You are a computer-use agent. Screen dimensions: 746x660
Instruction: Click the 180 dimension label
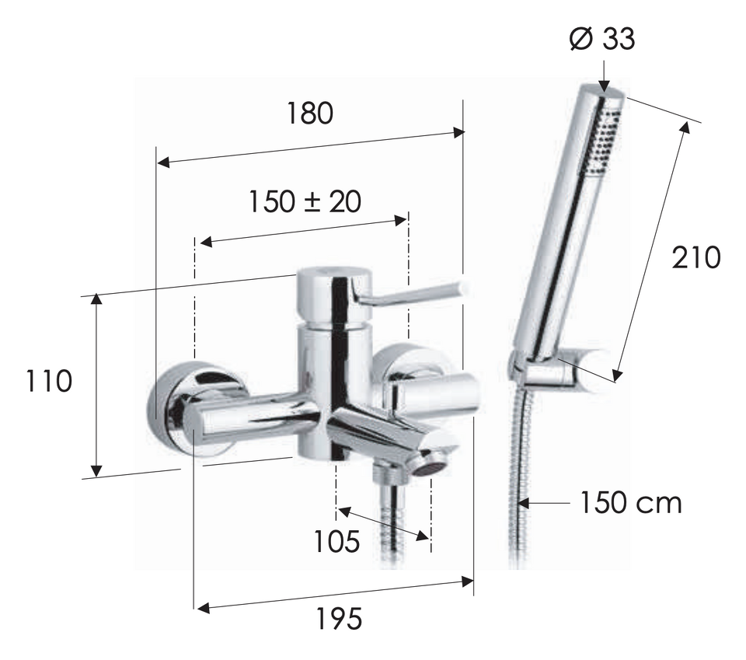pyautogui.click(x=310, y=113)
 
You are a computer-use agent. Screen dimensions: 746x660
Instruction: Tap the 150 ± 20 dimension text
pyautogui.click(x=305, y=201)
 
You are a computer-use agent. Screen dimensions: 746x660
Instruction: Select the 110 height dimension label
pyautogui.click(x=48, y=381)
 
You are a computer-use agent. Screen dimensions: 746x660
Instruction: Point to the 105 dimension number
pyautogui.click(x=336, y=541)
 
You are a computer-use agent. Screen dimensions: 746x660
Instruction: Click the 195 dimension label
pyautogui.click(x=340, y=619)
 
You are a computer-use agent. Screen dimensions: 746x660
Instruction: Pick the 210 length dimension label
pyautogui.click(x=696, y=258)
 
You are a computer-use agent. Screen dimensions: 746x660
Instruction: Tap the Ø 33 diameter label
pyautogui.click(x=601, y=39)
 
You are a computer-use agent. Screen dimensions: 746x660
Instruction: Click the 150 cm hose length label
pyautogui.click(x=631, y=502)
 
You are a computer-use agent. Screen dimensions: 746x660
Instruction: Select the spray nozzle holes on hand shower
pyautogui.click(x=601, y=139)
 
